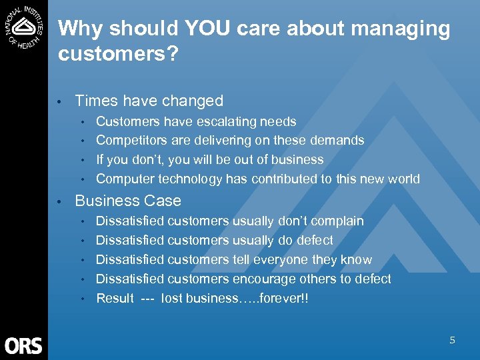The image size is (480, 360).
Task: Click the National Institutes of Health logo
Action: pos(24,26)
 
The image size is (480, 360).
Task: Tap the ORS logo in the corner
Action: pos(23,345)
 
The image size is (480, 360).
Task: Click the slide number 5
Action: pos(452,340)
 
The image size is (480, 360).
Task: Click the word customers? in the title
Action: pos(118,54)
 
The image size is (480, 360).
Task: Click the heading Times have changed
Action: pos(149,101)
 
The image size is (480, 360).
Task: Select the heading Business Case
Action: pos(128,201)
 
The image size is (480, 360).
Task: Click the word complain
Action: pos(337,221)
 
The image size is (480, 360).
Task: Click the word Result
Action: pos(115,298)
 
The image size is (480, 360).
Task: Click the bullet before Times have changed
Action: pos(61,101)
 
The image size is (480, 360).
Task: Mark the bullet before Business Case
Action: pos(61,201)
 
